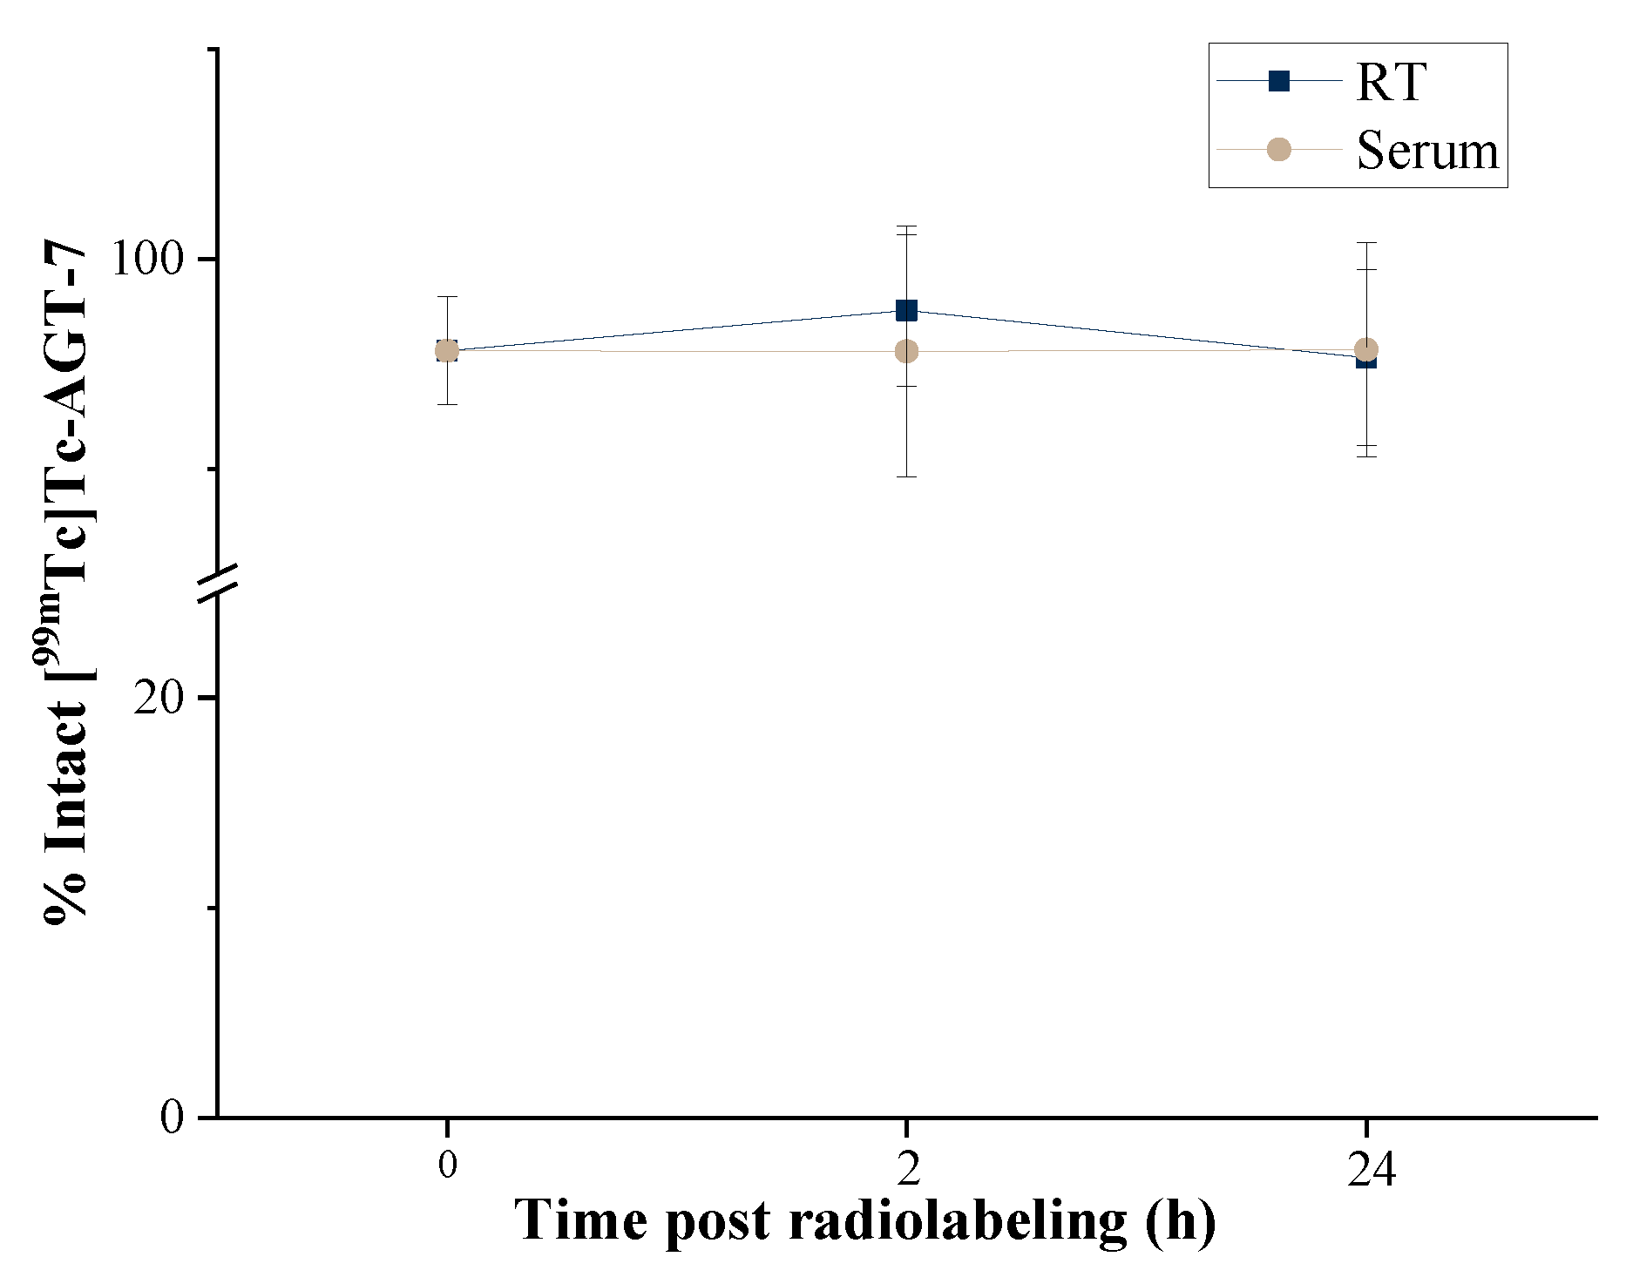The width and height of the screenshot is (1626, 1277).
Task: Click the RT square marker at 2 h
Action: tap(906, 310)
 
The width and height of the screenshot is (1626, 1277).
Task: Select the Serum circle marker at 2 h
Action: tap(906, 351)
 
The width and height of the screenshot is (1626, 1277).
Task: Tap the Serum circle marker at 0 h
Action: tap(447, 351)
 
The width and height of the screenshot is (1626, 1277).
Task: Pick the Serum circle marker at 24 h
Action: tap(1366, 349)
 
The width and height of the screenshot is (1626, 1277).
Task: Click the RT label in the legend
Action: tap(1391, 83)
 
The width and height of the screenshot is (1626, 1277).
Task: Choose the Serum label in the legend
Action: tap(1427, 151)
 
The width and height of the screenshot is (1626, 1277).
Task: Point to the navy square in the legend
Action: tap(1278, 81)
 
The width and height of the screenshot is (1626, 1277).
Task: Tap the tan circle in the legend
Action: tap(1278, 149)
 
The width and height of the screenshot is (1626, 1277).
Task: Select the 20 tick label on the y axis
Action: tap(160, 698)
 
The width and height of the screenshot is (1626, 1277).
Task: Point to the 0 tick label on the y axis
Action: tap(173, 1117)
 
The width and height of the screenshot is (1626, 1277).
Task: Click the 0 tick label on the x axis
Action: tap(447, 1165)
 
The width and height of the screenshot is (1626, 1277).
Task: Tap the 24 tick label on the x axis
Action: tap(1371, 1168)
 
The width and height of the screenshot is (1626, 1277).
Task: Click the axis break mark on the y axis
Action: tap(217, 584)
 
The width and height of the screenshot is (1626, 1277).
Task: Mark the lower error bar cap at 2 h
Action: tap(906, 476)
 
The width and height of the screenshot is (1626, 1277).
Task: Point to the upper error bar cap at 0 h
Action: tap(447, 297)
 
